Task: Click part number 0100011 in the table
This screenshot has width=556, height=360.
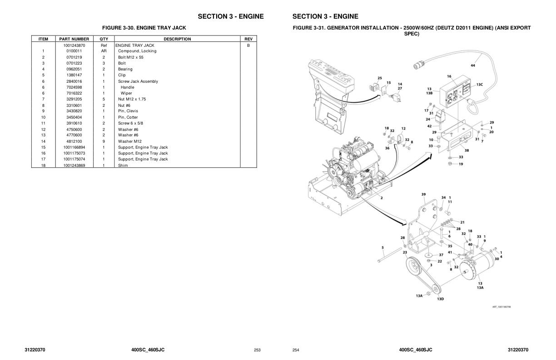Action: (74, 51)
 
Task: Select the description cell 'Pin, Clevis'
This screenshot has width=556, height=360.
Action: (128, 111)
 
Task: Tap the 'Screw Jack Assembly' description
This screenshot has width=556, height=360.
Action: (138, 81)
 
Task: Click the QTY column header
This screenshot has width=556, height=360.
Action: (104, 39)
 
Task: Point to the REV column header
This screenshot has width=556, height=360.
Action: (248, 39)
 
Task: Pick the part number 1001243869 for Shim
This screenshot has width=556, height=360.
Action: (74, 165)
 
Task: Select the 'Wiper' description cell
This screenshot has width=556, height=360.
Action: (126, 93)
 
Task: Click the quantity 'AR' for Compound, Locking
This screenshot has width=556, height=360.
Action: (104, 51)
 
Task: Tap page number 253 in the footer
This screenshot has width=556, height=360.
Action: (257, 350)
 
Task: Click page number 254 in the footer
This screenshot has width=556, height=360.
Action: (296, 350)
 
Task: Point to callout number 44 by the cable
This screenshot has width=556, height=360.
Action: (473, 65)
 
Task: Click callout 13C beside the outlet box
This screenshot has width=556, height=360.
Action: (480, 85)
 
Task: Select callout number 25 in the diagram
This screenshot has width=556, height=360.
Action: (380, 78)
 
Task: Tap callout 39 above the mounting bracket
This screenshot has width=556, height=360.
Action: (423, 195)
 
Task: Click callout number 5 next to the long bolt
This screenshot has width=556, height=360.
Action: (383, 248)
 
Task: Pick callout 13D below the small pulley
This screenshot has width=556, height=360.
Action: (440, 299)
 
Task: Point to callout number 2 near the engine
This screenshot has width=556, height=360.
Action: (381, 198)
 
